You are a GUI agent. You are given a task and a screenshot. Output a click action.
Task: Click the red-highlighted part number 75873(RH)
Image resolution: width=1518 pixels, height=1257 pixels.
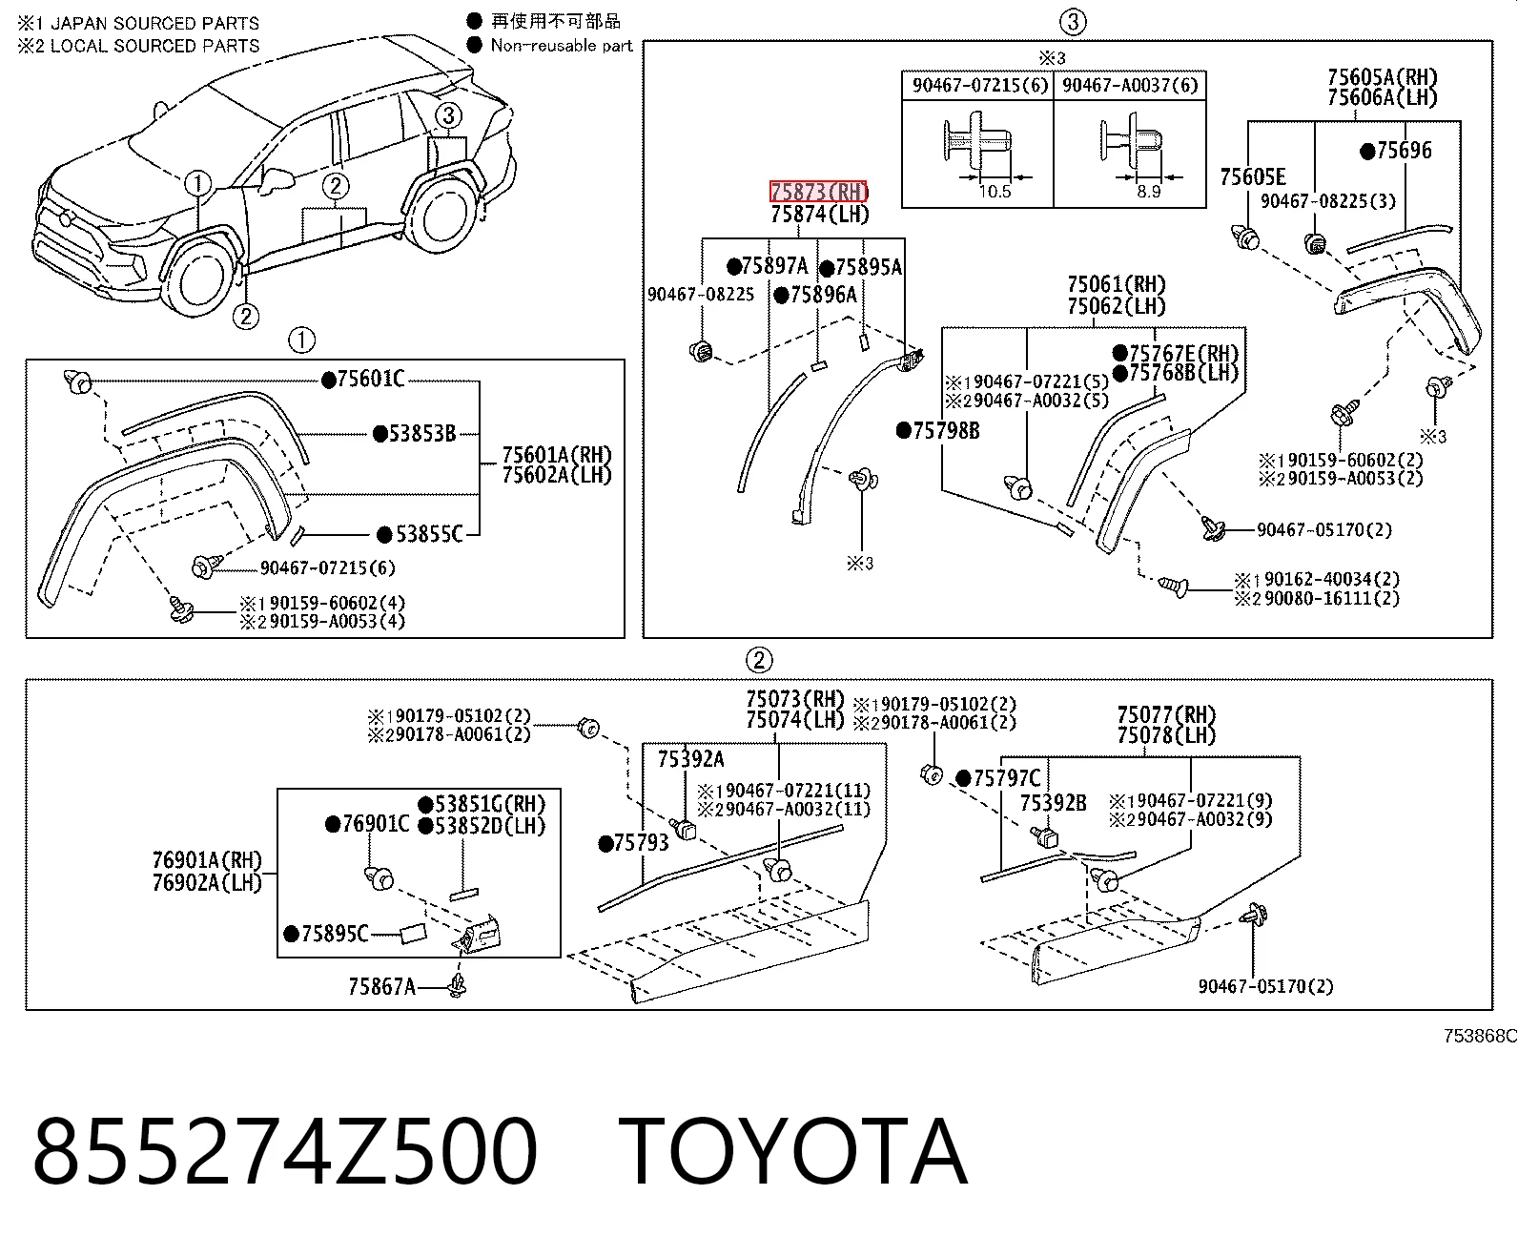(x=819, y=192)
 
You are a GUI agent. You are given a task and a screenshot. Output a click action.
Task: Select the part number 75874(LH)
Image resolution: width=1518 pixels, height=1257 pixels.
(x=820, y=214)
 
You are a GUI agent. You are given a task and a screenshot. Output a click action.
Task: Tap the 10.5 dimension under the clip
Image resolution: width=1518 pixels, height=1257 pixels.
(x=995, y=192)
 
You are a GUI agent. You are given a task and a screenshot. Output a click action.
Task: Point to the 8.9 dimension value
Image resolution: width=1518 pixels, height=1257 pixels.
(x=1149, y=192)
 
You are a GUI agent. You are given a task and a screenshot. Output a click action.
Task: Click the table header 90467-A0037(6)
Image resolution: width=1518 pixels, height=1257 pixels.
(x=1130, y=85)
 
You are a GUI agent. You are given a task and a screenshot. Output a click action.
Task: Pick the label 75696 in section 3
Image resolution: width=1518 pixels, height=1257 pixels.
(x=1404, y=151)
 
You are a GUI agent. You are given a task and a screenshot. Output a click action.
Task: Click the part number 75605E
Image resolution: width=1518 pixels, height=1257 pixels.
(x=1253, y=176)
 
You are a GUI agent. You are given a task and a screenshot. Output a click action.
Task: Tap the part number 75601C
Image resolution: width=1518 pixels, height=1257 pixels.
(x=371, y=379)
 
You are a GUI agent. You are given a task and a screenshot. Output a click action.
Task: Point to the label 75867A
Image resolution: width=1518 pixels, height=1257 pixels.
(x=381, y=986)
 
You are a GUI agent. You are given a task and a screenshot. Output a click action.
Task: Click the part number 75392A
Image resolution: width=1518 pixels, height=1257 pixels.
(x=690, y=759)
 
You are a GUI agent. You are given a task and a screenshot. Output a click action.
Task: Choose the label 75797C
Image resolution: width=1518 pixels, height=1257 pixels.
(x=1007, y=778)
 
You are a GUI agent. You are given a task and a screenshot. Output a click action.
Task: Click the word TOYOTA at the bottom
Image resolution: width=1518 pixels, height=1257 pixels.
(x=792, y=1151)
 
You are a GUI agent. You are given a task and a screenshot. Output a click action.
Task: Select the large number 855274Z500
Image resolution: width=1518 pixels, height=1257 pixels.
(x=285, y=1151)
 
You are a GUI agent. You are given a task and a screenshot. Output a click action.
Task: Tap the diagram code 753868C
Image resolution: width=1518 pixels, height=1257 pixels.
(x=1480, y=1036)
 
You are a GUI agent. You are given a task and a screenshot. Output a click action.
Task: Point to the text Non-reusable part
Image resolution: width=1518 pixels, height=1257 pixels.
(x=562, y=45)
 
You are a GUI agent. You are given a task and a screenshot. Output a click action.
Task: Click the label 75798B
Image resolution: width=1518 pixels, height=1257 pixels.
(x=946, y=431)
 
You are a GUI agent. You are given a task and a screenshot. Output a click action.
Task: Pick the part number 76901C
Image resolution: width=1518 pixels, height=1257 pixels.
(x=375, y=824)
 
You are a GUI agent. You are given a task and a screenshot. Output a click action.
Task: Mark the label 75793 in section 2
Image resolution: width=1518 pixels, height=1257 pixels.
(x=641, y=843)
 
